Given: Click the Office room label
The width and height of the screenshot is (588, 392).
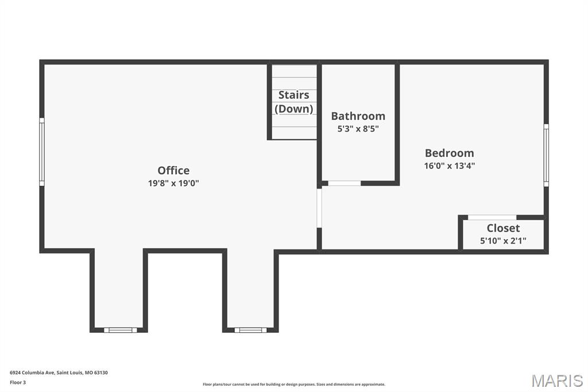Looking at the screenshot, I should coord(173,170).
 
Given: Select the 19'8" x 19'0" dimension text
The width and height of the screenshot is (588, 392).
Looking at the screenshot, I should coord(173,183).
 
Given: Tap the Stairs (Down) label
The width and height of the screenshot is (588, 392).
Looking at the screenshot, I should coord(294,102).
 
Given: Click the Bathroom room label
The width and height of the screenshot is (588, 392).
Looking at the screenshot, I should coord(358,116).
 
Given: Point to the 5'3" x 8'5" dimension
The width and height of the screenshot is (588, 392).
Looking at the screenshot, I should coord(358,129).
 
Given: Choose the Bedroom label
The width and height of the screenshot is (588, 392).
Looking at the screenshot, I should coord(449,153).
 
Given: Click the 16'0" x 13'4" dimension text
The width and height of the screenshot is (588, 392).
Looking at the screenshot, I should coord(449,166).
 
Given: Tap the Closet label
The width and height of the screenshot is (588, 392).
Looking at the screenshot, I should coord(503,228).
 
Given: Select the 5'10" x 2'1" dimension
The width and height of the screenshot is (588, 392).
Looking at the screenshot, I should coord(503,241).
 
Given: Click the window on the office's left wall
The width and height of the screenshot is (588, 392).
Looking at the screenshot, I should coord(41,152).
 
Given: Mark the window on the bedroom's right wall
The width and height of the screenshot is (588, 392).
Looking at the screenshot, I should coord(546,155).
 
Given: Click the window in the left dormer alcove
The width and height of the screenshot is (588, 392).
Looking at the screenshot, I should coord(121,330).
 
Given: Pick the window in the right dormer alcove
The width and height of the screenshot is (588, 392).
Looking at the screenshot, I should coord(250,330).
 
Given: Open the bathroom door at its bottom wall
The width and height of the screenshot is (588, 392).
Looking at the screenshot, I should coord(344,183).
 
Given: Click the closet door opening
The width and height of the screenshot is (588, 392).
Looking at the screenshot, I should coord(492,217).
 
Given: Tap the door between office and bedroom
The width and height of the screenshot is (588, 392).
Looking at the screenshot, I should coord(319,207).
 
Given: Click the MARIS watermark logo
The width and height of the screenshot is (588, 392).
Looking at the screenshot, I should coord(557,381).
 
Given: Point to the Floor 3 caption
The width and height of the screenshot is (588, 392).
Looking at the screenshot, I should coord(18,382).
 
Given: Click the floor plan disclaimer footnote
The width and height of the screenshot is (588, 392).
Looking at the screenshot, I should coord(294,385).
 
